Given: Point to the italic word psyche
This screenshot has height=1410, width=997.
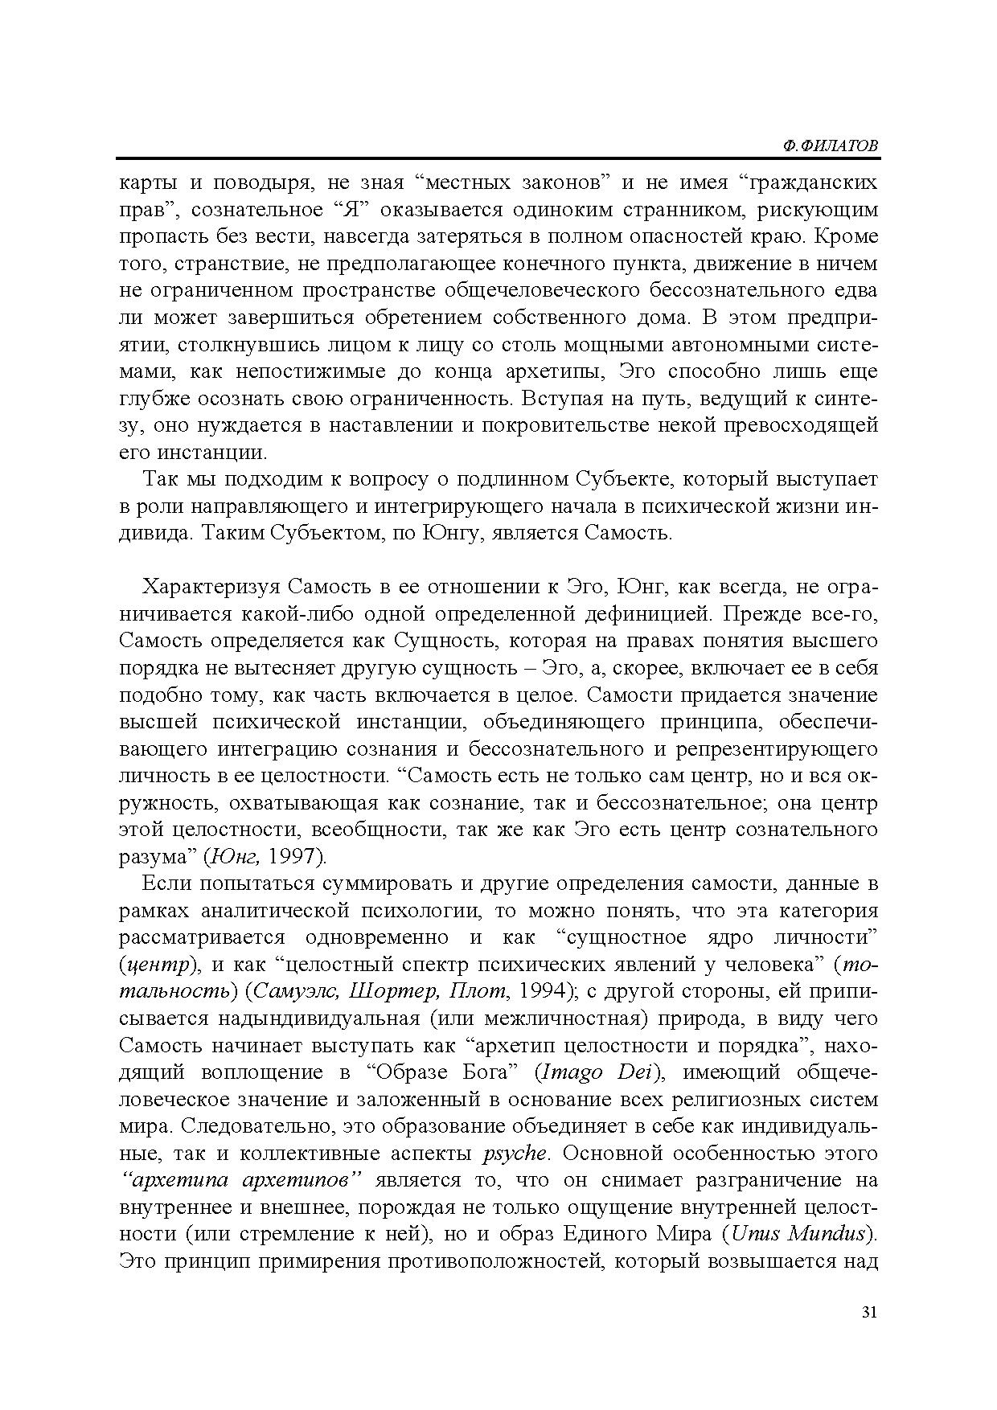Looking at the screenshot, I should click(x=515, y=1154).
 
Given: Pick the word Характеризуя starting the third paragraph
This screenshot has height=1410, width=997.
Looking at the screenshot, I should click(x=211, y=587).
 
